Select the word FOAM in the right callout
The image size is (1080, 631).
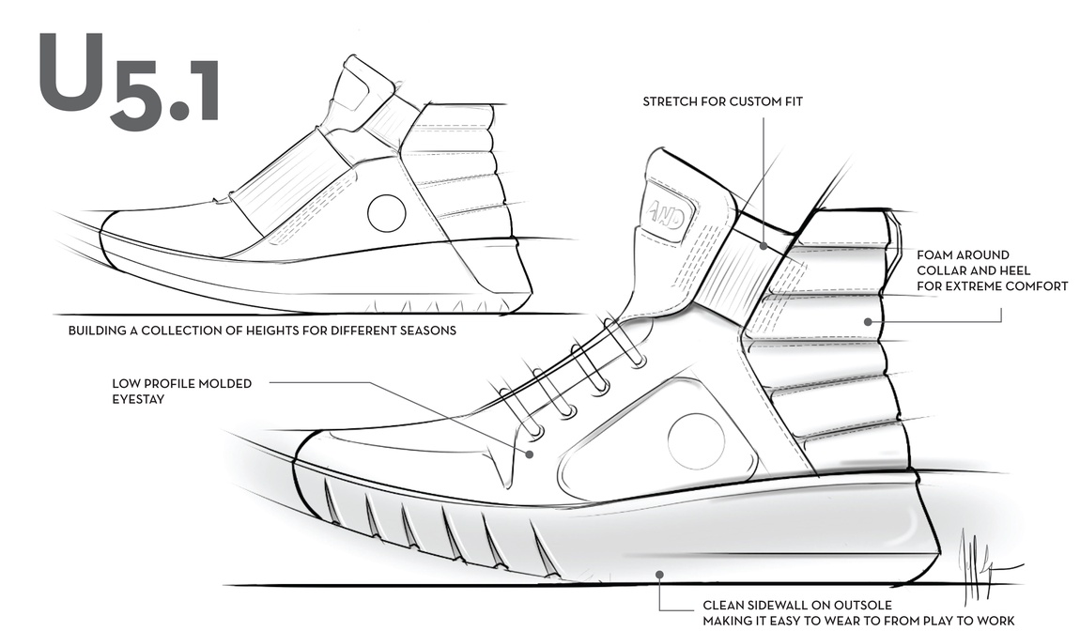(x=935, y=254)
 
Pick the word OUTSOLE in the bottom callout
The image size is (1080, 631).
(x=858, y=605)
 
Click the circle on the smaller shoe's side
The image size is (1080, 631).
(x=386, y=213)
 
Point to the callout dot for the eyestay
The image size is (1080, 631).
(x=530, y=454)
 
